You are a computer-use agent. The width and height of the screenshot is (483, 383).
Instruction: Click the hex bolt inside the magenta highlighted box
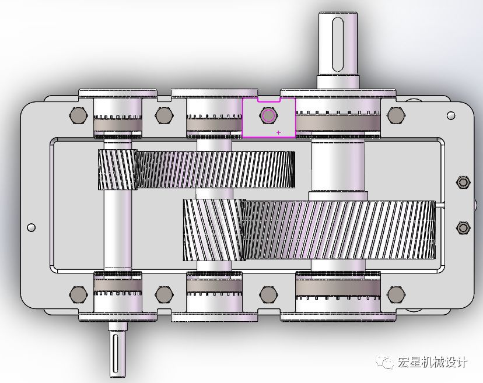[x=268, y=115]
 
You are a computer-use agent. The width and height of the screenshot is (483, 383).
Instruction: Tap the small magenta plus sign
[x=278, y=132]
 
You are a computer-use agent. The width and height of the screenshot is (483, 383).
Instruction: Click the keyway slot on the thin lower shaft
[x=115, y=352]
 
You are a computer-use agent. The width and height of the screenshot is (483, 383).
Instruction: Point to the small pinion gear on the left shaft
[x=116, y=170]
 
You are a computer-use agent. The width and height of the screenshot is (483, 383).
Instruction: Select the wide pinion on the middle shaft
[x=212, y=229]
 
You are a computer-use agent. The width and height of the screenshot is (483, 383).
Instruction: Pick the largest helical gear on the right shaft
[x=339, y=230]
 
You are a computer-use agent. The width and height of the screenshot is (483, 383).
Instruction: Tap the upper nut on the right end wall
[x=463, y=183]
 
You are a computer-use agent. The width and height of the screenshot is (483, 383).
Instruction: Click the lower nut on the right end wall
[x=463, y=227]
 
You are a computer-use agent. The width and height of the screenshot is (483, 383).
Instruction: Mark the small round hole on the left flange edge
[x=31, y=227]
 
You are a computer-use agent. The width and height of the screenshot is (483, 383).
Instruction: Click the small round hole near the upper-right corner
[x=450, y=115]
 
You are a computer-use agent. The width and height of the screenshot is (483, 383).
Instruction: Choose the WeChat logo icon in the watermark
[x=386, y=363]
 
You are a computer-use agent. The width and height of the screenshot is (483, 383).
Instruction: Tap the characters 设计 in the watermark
[x=457, y=363]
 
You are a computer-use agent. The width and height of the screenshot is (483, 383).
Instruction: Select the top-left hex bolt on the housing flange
[x=76, y=115]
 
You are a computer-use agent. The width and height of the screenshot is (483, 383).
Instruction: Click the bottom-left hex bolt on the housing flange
[x=76, y=294]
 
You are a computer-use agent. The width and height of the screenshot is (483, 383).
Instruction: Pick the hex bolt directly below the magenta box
[x=268, y=294]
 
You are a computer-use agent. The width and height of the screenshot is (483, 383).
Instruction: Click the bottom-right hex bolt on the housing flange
[x=396, y=294]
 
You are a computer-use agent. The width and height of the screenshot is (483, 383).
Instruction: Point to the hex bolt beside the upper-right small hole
[x=396, y=115]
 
